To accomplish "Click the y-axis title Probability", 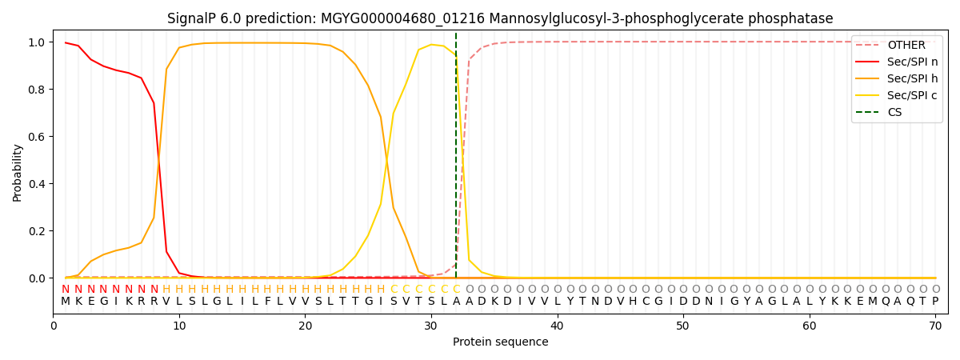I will pyautogui.click(x=18, y=172).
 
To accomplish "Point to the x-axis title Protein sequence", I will pyautogui.click(x=500, y=342).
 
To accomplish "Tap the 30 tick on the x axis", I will pyautogui.click(x=431, y=326).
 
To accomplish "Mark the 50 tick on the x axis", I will pyautogui.click(x=682, y=326).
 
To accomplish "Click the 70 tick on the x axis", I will pyautogui.click(x=934, y=326).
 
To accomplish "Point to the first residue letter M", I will pyautogui.click(x=66, y=302).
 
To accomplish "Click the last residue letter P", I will pyautogui.click(x=934, y=302).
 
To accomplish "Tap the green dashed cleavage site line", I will pyautogui.click(x=456, y=160).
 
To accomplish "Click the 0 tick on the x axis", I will pyautogui.click(x=54, y=326).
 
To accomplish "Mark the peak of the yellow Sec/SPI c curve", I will pyautogui.click(x=431, y=45).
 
